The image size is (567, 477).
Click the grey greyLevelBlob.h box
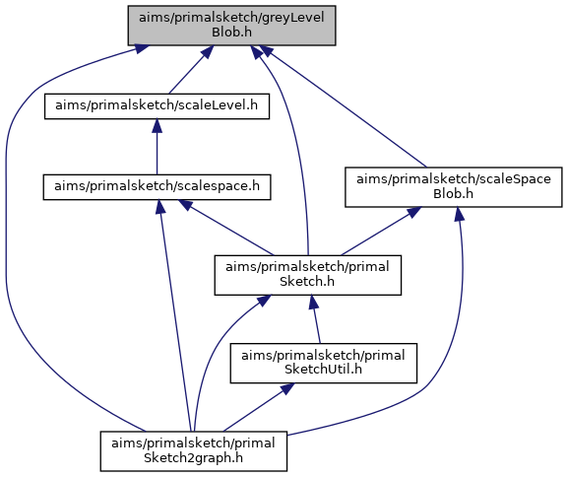[x=231, y=26]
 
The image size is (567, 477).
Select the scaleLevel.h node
[x=157, y=106]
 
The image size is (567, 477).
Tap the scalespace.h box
[x=157, y=186]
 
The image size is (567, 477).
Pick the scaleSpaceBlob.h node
[x=454, y=186]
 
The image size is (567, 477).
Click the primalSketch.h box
[x=308, y=275]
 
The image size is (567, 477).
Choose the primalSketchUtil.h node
[x=324, y=363]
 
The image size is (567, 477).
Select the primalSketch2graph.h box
[x=194, y=451]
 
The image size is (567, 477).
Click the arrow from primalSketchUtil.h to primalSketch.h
[x=315, y=319]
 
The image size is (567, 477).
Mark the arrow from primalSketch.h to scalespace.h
[x=226, y=228]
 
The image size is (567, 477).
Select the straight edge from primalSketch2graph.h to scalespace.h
[x=176, y=315]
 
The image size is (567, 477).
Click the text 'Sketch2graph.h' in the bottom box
[x=194, y=458]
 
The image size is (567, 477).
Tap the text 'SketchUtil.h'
[x=323, y=370]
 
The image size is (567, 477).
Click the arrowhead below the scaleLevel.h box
[x=157, y=125]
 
